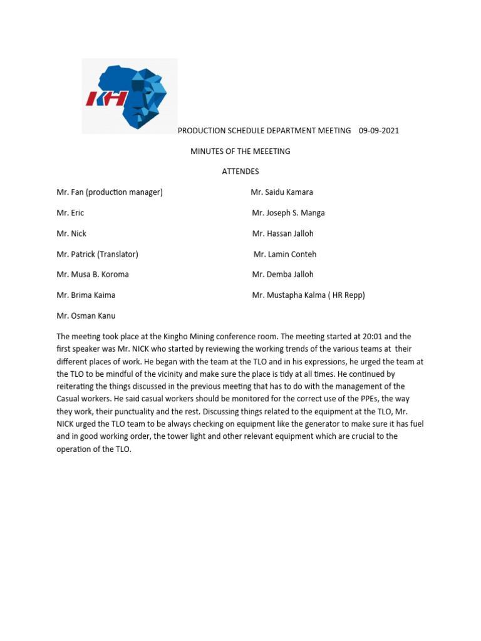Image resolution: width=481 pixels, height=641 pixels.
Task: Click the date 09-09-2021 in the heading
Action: coord(378,131)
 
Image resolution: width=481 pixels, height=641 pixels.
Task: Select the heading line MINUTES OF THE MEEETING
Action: coord(240,151)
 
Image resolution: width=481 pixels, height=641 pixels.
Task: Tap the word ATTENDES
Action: coord(240,172)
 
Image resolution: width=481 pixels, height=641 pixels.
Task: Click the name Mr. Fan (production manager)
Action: coord(110,192)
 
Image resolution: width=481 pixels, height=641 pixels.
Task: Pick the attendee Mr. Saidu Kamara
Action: coord(282,192)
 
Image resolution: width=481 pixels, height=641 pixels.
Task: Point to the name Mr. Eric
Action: coord(70,213)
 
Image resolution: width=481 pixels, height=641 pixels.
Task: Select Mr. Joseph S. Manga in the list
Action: coord(288,213)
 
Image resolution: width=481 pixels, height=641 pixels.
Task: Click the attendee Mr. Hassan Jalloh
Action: coord(283,233)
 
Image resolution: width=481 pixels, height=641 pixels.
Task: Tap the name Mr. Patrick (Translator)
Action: coord(97,254)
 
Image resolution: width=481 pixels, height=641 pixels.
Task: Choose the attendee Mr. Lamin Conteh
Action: coord(285,254)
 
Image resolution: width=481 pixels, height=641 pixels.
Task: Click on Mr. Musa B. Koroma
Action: coord(93,274)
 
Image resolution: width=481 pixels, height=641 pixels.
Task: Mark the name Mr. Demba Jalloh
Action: coord(283,274)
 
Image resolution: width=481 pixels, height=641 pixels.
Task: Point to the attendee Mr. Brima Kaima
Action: coord(86,295)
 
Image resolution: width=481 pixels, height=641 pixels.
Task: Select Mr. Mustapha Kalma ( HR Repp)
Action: coord(309,295)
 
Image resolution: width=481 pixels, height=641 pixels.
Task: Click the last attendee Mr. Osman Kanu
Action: coord(86,315)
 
